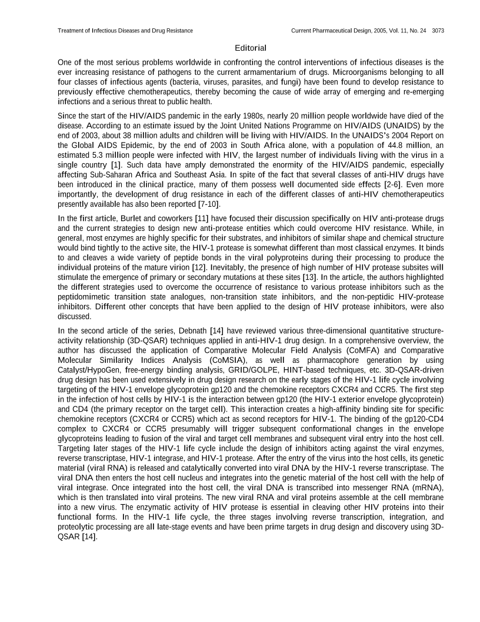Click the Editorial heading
click(250, 48)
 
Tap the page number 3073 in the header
click(438, 30)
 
